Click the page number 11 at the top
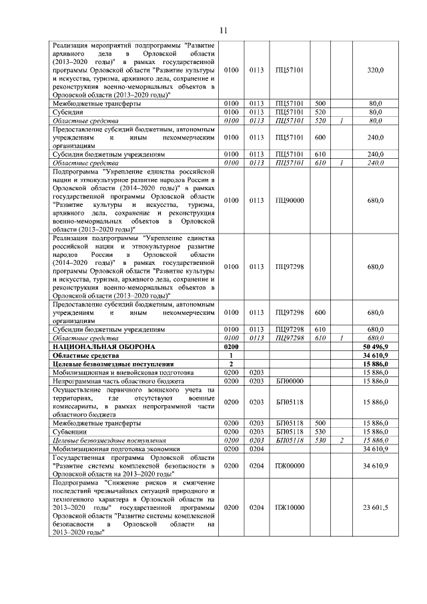[x=224, y=30]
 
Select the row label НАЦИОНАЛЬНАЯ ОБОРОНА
[x=103, y=347]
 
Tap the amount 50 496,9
[x=376, y=347]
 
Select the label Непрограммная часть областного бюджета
[x=111, y=380]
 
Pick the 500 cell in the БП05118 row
[x=320, y=423]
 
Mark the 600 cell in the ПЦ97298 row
[x=320, y=312]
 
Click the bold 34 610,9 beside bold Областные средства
[x=376, y=356]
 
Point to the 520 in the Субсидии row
[x=320, y=112]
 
